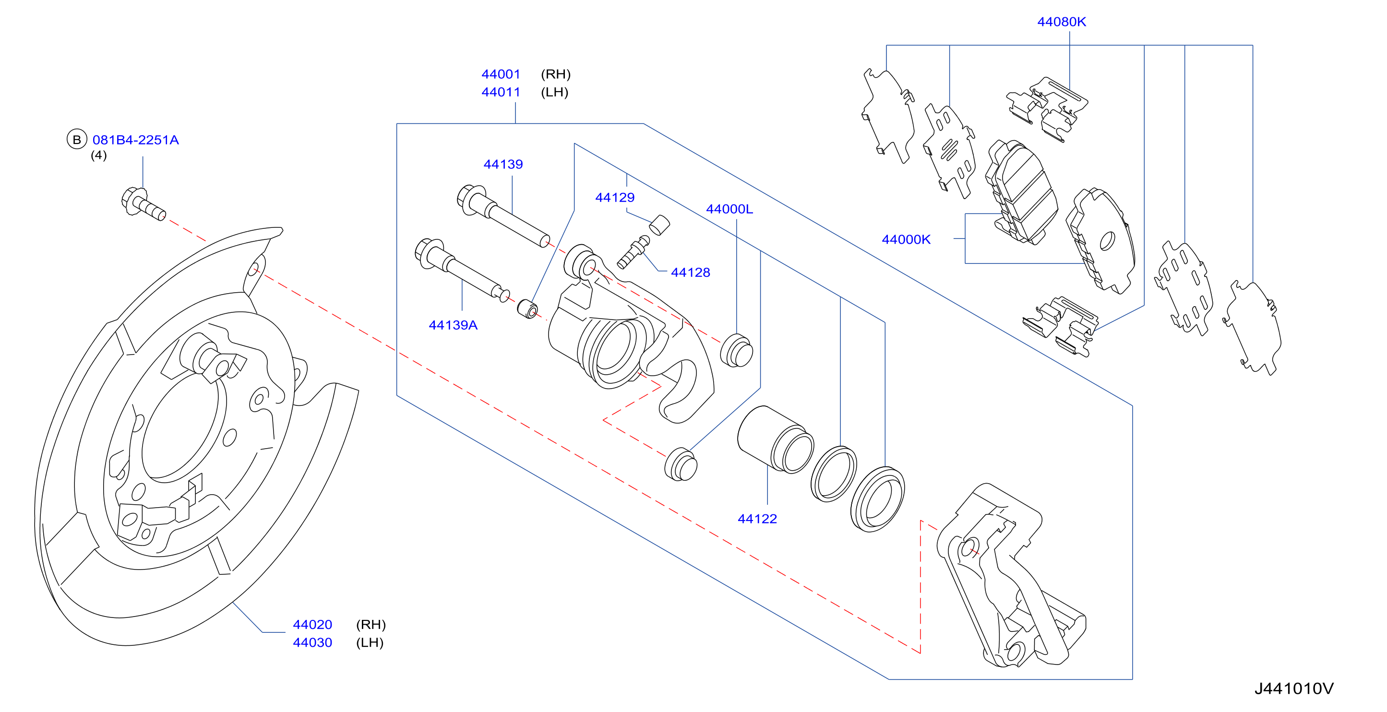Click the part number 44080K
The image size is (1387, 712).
(x=1061, y=22)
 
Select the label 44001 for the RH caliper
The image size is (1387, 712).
(x=501, y=74)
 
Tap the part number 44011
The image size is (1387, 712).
(x=501, y=92)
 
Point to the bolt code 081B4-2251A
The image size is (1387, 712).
(x=136, y=140)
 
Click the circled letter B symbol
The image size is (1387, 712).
(x=77, y=140)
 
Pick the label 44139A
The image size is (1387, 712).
(x=453, y=325)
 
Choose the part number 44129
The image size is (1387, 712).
(x=615, y=198)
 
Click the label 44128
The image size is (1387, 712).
(x=690, y=273)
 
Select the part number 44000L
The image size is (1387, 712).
(x=729, y=209)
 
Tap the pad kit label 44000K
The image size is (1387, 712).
(x=906, y=239)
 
